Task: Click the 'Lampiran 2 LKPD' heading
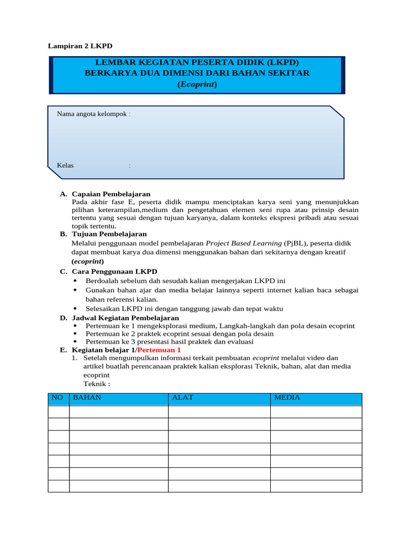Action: coord(80,46)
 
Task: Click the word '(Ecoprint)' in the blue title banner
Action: coord(197,84)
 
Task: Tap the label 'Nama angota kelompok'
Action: coord(93,114)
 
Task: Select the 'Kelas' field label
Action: coord(65,165)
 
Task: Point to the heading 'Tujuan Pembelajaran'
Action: coord(109,234)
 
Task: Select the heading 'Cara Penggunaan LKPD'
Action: coord(114,271)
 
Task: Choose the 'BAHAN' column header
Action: coord(87,397)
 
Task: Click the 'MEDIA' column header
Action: coord(287,397)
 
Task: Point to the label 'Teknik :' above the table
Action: coord(97,383)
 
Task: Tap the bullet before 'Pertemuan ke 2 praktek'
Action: coord(75,334)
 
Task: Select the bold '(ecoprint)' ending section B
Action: coord(87,261)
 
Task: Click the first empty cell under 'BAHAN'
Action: coord(118,412)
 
